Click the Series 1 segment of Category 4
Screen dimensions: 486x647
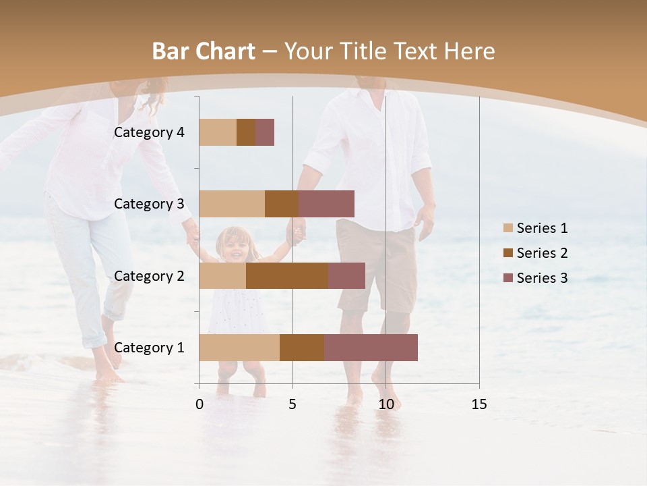[x=218, y=132]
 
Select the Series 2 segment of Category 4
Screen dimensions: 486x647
[x=246, y=132]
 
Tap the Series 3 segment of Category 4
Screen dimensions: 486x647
[x=265, y=132]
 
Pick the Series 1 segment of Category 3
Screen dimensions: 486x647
[x=232, y=204]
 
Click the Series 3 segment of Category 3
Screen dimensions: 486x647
[x=326, y=204]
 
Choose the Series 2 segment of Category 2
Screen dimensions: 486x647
[x=287, y=275]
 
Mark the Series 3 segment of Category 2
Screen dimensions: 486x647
[x=346, y=275]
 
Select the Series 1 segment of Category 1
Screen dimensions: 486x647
[x=239, y=348]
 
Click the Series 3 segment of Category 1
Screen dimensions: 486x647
[x=371, y=348]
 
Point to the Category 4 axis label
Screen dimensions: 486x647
[x=149, y=132]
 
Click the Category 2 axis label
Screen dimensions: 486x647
[x=149, y=275]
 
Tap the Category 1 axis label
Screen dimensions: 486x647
[x=149, y=348]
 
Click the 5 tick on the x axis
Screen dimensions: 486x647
[x=292, y=404]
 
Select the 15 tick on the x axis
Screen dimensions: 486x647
[x=479, y=404]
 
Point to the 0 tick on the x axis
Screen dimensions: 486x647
[x=199, y=404]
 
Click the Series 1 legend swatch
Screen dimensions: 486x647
[x=507, y=228]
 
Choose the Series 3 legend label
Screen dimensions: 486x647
[x=542, y=278]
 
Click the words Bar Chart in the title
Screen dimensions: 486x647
[x=204, y=51]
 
